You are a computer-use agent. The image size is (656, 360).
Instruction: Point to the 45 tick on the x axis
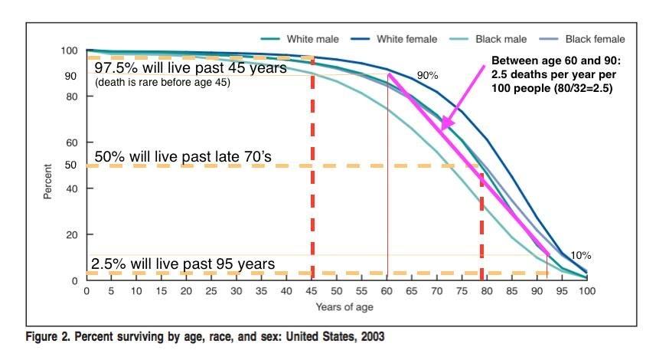coord(312,292)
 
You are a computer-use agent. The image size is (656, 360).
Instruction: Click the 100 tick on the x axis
coord(587,292)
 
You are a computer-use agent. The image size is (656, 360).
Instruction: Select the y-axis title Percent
coord(47,181)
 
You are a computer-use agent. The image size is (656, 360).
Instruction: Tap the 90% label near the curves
coord(427,76)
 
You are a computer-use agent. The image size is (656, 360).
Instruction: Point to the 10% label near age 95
coord(581,255)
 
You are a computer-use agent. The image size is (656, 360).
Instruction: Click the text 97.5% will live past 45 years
coord(190,67)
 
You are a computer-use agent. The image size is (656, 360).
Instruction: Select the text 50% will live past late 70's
coord(183,157)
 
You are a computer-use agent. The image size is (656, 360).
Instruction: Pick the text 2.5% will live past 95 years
coord(183,264)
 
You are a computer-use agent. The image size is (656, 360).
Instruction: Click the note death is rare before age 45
coord(162,82)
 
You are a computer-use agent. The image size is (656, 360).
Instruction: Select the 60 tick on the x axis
coord(387,292)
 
